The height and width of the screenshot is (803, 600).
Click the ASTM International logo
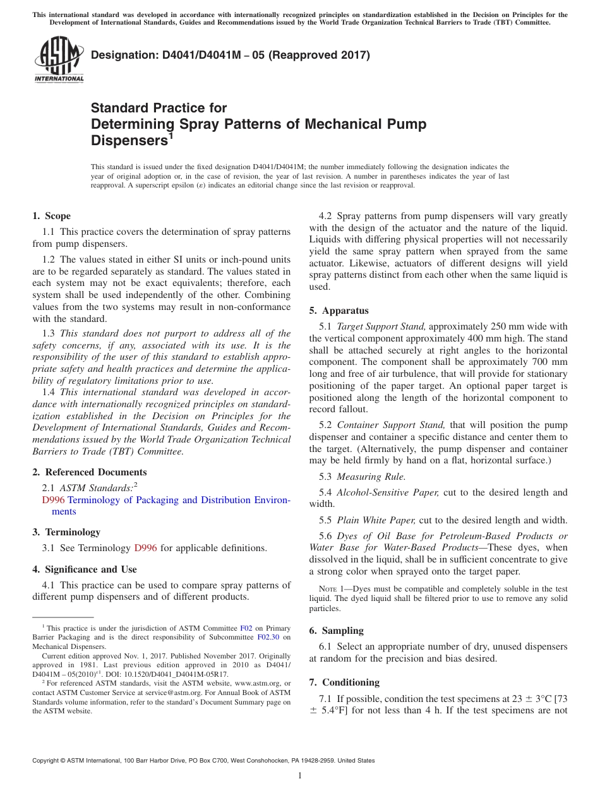coord(58,61)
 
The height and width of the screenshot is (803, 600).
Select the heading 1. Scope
coord(51,216)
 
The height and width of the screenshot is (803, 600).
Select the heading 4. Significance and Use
coord(84,569)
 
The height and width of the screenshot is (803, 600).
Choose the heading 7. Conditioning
coord(344,682)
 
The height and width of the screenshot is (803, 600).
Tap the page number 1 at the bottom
coord(300,776)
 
